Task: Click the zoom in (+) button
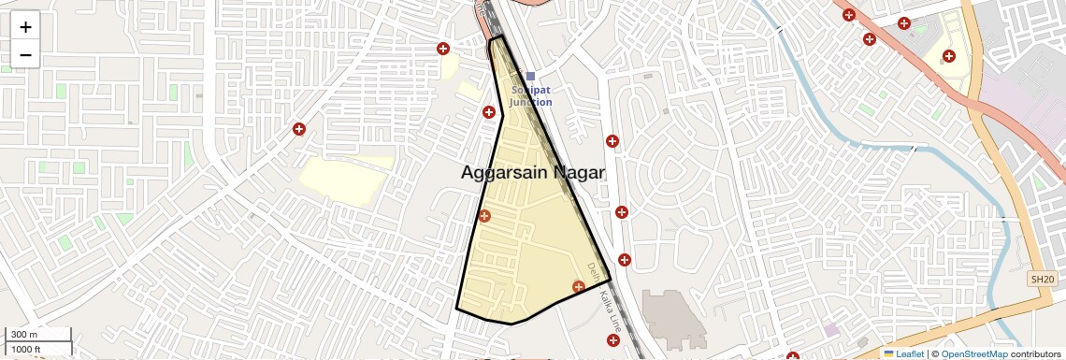25,27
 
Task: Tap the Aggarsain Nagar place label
533,173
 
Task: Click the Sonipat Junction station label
530,95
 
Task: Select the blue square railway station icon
530,77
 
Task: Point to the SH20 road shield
1042,279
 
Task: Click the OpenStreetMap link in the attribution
973,353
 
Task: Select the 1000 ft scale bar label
26,350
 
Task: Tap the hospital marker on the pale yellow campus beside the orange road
949,56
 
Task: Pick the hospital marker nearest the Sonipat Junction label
488,112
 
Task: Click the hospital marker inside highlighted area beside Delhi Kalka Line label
578,284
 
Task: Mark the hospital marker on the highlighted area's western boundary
484,216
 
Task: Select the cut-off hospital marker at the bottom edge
793,356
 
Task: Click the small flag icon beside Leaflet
889,353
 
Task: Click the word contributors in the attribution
1035,353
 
